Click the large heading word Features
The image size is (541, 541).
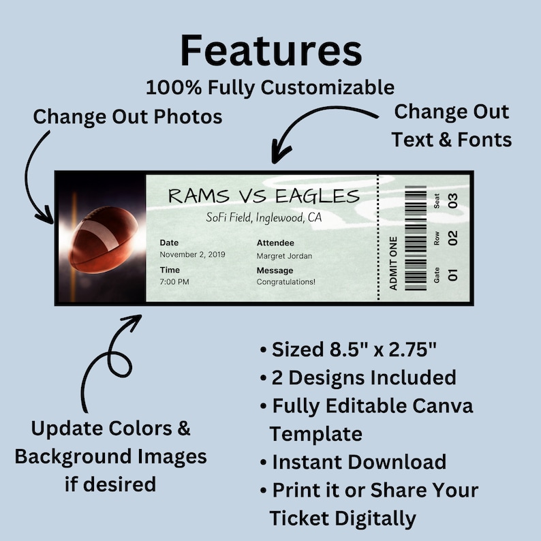point(270,50)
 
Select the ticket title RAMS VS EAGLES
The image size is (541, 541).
point(263,196)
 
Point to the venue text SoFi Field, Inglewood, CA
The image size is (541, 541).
point(264,218)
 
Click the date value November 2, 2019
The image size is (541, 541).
point(192,255)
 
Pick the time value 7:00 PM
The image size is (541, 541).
point(174,281)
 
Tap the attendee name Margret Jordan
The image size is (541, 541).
point(284,256)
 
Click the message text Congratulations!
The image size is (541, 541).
point(285,281)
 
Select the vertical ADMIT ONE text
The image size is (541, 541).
point(393,263)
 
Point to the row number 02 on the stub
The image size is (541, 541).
point(453,238)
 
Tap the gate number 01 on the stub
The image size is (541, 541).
point(453,275)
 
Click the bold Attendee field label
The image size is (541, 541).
point(275,243)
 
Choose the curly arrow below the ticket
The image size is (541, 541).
point(109,361)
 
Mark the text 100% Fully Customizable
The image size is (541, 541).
point(270,87)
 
